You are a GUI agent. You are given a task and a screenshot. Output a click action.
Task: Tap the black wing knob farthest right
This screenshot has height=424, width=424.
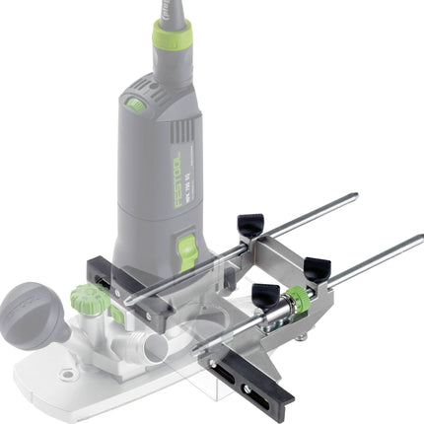tap(317, 268)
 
